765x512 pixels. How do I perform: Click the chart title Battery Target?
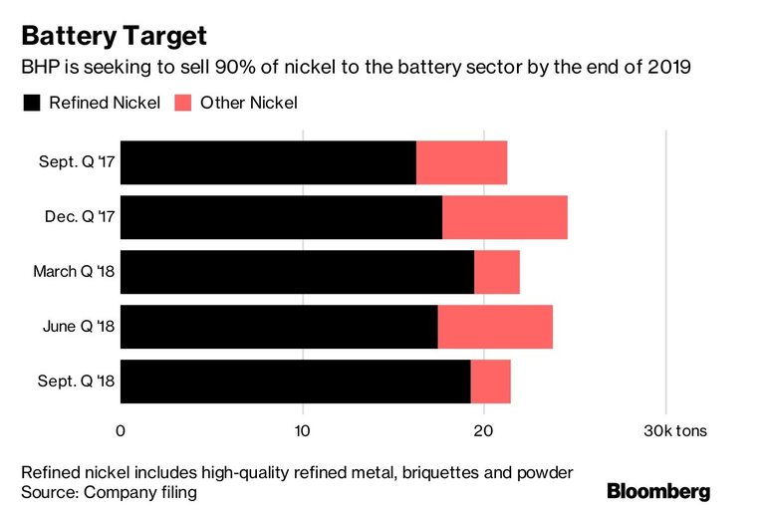tap(114, 37)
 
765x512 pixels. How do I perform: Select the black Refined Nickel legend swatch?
tap(31, 103)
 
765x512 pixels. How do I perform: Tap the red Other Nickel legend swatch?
tap(183, 103)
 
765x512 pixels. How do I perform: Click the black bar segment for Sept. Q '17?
tap(268, 162)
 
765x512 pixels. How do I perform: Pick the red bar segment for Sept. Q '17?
tap(461, 162)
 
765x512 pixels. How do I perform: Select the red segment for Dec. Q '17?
tap(505, 217)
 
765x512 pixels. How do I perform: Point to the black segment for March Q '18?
tap(297, 272)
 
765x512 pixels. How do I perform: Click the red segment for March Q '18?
tap(497, 272)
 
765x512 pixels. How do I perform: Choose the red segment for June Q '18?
tap(495, 327)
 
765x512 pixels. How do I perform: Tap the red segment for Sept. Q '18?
tap(491, 382)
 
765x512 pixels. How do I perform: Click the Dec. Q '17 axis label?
tap(78, 217)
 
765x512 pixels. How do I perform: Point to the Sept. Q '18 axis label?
tap(77, 382)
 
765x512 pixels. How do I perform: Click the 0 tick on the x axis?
tap(121, 430)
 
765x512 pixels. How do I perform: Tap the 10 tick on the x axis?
tap(302, 430)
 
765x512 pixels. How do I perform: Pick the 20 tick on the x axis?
tap(483, 430)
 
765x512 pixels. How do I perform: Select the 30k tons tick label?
tap(675, 430)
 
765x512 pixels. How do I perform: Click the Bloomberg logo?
tap(658, 491)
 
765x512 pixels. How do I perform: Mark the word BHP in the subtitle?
tap(40, 69)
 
